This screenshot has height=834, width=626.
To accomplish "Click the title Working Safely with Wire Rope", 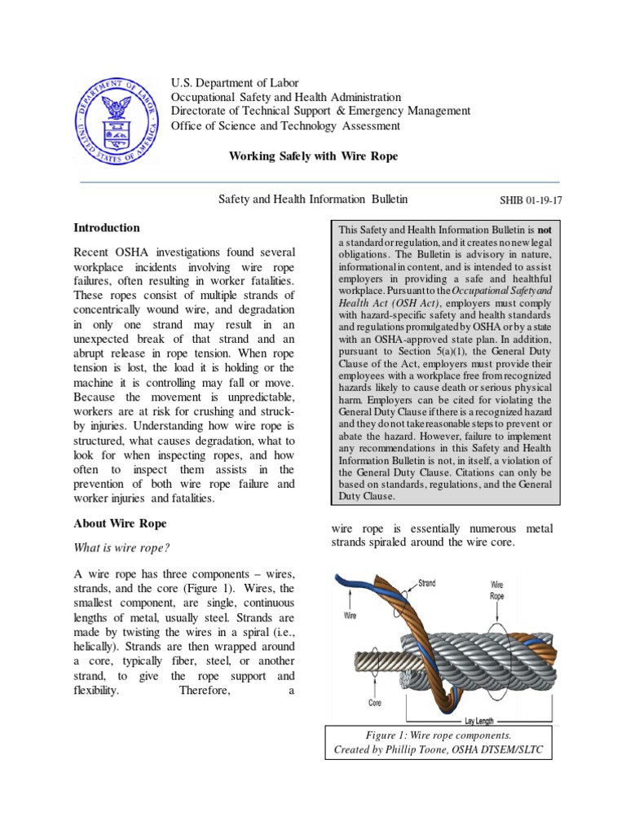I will tap(313, 156).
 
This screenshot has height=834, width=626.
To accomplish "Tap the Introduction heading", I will tap(107, 228).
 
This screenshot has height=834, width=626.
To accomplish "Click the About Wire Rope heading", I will tap(120, 524).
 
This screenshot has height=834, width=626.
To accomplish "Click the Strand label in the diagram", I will tap(427, 583).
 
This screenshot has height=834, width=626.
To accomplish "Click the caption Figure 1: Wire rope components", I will tap(438, 735).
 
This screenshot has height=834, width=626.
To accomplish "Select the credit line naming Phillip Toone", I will tap(438, 749).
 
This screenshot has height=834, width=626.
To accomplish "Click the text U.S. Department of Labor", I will tap(235, 82).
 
